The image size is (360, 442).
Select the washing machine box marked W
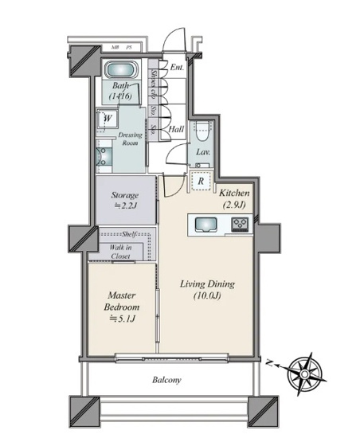click(x=107, y=120)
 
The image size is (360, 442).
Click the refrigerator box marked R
click(x=201, y=181)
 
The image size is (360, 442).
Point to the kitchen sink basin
click(x=201, y=225)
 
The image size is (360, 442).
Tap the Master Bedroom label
click(x=122, y=306)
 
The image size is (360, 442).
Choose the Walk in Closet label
click(x=122, y=252)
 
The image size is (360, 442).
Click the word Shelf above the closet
click(x=131, y=234)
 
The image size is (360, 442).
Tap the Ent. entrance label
click(x=177, y=68)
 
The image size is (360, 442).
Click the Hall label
click(x=178, y=128)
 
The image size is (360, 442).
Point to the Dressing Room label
click(x=131, y=140)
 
